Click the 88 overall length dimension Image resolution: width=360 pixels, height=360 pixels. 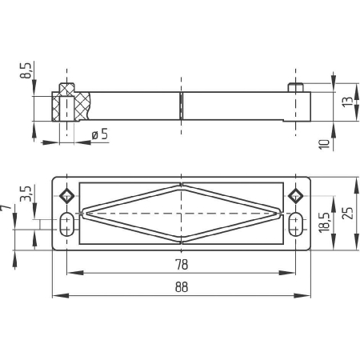(182, 287)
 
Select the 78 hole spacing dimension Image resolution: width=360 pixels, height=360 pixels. (182, 265)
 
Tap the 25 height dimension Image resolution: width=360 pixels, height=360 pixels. (348, 213)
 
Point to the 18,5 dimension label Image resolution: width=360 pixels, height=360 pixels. (325, 222)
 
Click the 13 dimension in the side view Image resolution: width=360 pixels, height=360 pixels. (348, 102)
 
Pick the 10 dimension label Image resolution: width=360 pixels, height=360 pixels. (325, 144)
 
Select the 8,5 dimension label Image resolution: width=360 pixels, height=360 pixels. (26, 70)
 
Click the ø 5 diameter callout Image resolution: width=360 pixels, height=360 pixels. (100, 134)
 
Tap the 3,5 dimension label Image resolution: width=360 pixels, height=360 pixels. (26, 194)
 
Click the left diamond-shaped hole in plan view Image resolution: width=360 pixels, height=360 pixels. (66, 196)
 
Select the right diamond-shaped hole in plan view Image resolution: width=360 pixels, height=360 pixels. (295, 196)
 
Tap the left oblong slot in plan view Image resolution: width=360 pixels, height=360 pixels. (66, 224)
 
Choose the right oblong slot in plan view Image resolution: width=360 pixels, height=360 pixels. (295, 224)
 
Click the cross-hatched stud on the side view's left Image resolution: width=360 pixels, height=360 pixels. (66, 88)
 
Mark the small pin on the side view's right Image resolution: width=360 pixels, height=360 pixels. (295, 87)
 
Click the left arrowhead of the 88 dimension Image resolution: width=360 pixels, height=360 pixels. (61, 295)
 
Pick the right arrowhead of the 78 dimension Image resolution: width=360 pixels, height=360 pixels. (287, 273)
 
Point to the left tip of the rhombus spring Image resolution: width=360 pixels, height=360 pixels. (83, 213)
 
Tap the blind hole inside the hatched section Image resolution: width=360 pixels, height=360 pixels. (66, 109)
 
